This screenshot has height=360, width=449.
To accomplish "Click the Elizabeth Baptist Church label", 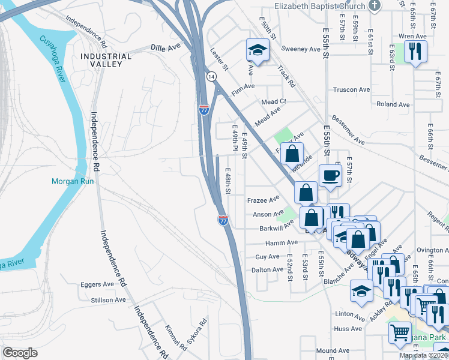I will tap(319, 7).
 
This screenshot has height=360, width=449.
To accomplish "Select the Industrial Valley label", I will tap(106, 60).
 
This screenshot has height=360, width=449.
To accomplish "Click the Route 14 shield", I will tap(211, 77).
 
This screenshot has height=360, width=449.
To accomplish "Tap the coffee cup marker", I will tap(330, 176).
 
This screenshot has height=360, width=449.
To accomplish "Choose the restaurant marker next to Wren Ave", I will tap(415, 52).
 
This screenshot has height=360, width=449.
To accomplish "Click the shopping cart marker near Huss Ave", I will tap(400, 332).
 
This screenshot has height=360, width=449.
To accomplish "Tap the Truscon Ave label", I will tap(351, 89).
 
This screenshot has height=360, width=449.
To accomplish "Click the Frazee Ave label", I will tap(264, 199).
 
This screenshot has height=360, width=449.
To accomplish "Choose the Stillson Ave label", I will tap(108, 299).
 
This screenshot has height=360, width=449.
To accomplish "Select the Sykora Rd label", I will tap(197, 330).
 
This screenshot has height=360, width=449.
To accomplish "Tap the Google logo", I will tap(20, 353).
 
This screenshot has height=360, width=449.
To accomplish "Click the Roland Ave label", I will tap(393, 104).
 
